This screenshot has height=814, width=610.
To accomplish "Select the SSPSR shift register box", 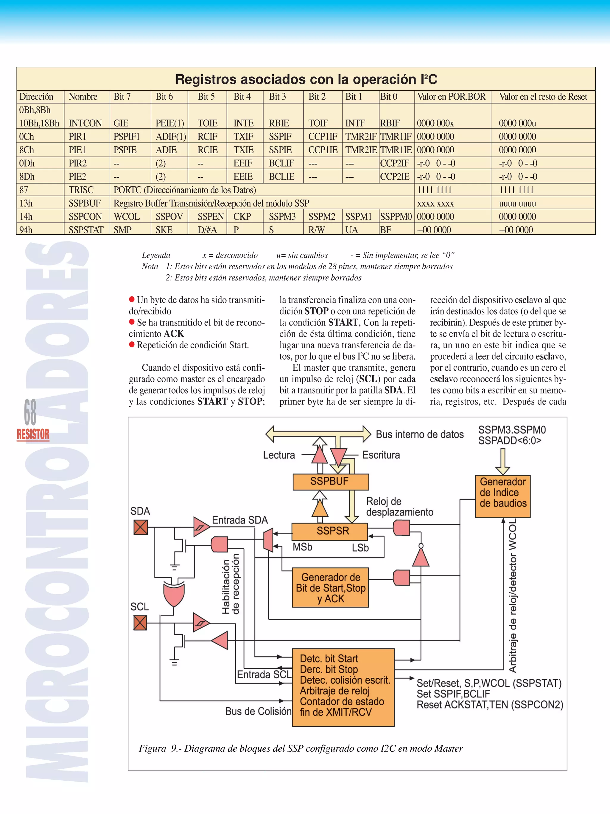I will pyautogui.click(x=329, y=531).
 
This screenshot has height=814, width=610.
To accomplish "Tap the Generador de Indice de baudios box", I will pyautogui.click(x=503, y=493).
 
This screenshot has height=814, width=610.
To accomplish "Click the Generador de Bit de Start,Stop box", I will pyautogui.click(x=330, y=588).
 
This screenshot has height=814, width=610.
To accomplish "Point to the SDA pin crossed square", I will pyautogui.click(x=141, y=527).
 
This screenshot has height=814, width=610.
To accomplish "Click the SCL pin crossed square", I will pyautogui.click(x=140, y=623).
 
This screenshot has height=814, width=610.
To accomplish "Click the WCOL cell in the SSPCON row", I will pyautogui.click(x=127, y=217).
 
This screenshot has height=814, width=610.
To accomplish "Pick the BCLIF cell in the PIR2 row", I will pyautogui.click(x=281, y=163).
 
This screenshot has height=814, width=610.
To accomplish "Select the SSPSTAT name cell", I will pyautogui.click(x=86, y=230).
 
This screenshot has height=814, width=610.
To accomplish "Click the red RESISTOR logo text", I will pyautogui.click(x=33, y=435).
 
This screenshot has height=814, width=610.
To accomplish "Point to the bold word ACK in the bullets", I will pyautogui.click(x=174, y=334).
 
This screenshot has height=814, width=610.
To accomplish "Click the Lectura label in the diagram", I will pyautogui.click(x=279, y=455).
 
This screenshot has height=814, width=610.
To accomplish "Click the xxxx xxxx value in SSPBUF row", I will pyautogui.click(x=435, y=203).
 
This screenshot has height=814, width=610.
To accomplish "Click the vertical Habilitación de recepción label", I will pyautogui.click(x=231, y=584).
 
